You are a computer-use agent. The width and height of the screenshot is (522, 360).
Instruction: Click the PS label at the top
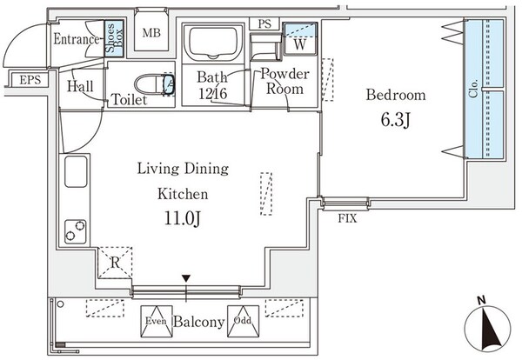pyautogui.click(x=264, y=23)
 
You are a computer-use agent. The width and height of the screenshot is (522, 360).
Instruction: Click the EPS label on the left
pyautogui.click(x=30, y=81)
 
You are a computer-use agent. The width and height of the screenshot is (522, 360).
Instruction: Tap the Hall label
pyautogui.click(x=80, y=85)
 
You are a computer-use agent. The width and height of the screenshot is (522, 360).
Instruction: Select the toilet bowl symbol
pyautogui.click(x=160, y=85)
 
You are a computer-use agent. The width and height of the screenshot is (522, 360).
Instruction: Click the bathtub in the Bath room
pyautogui.click(x=212, y=42)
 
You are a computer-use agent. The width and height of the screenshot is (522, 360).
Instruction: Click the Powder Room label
pyautogui.click(x=283, y=82)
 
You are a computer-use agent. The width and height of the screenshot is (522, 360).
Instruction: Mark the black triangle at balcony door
pyautogui.click(x=185, y=279)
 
